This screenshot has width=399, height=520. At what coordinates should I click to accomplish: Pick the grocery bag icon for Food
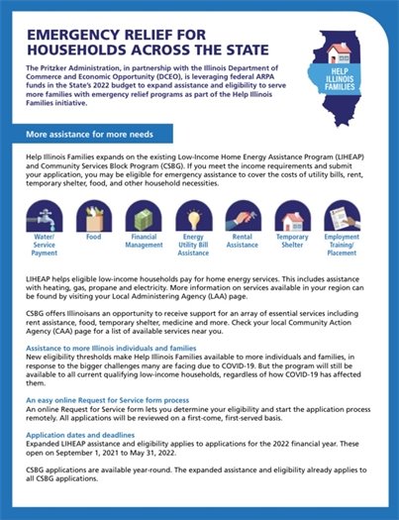[93, 215]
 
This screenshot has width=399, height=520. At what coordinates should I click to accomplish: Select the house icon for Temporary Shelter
[292, 215]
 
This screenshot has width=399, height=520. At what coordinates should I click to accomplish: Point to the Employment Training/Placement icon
[342, 215]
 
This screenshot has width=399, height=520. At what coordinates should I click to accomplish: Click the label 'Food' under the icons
[93, 238]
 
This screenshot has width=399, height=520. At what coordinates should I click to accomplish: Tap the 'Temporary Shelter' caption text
[292, 242]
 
